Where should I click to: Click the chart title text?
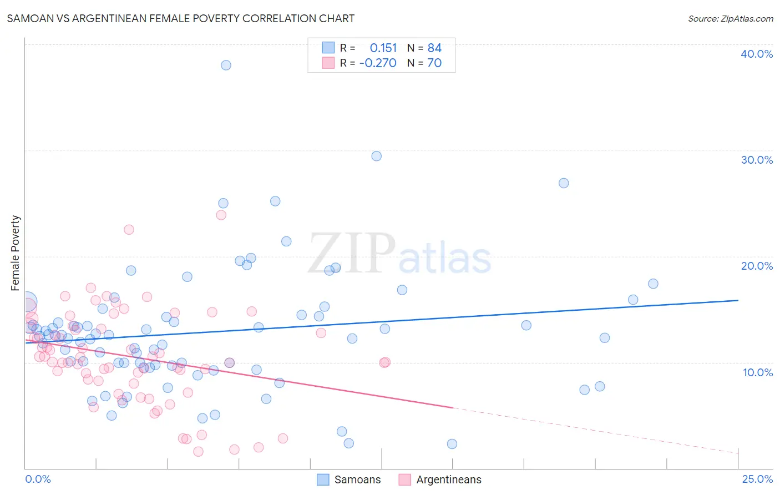pos(181,18)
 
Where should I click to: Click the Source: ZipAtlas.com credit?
pos(730,18)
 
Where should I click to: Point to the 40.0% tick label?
pos(757,54)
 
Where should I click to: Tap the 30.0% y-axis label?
pos(757,160)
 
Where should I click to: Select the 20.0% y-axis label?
pos(757,266)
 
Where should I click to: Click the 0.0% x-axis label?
pos(38,479)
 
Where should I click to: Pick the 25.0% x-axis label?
pos(757,479)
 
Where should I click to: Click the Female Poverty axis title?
pos(16,253)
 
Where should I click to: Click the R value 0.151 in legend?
pos(383,48)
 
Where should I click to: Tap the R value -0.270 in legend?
pos(378,63)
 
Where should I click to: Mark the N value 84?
pos(434,48)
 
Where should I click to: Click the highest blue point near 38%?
pos(226,65)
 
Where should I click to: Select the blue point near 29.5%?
pos(376,156)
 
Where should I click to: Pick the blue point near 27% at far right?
pos(564,183)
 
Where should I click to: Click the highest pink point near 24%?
pos(221,215)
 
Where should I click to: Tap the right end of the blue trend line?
pos(738,300)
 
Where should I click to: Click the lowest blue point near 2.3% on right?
pos(452,444)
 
